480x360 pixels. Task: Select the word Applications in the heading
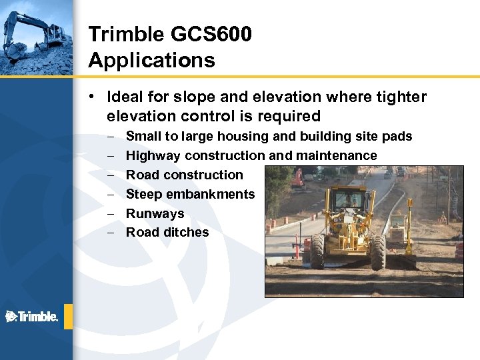point(151,61)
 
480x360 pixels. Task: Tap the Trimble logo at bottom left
point(32,317)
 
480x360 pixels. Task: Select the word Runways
point(155,213)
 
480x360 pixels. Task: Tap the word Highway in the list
point(153,155)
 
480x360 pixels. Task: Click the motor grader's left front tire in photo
point(317,251)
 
